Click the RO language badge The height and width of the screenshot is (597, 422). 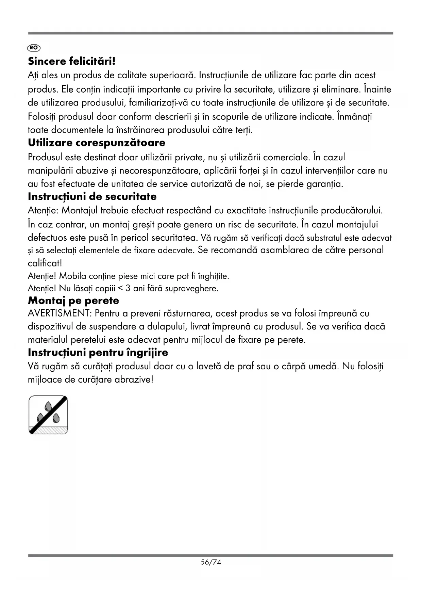click(34, 48)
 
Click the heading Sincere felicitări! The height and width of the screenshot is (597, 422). click(72, 62)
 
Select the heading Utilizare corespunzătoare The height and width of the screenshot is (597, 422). click(97, 143)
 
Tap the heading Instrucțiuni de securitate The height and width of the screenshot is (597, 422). click(92, 197)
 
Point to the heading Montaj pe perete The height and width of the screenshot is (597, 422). click(73, 301)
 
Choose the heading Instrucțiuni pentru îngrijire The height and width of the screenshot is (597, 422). click(98, 352)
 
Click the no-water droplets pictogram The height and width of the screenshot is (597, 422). click(48, 415)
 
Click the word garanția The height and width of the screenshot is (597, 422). click(325, 184)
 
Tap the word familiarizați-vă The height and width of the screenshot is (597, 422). click(156, 103)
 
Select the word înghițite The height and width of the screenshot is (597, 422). click(213, 276)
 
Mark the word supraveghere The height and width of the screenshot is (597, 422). click(194, 289)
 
